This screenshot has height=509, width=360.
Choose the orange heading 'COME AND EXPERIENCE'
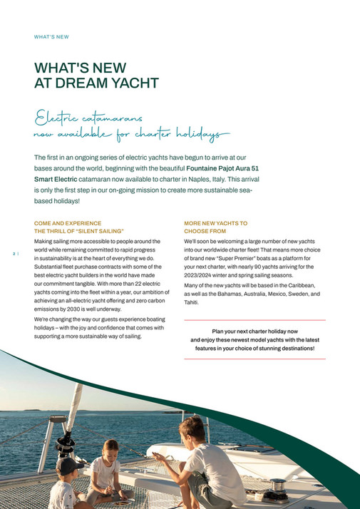point(68,223)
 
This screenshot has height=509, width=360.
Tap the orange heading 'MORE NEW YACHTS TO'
point(215,223)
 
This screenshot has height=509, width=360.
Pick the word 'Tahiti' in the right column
point(192,303)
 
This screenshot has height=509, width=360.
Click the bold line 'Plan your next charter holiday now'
point(254,331)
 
